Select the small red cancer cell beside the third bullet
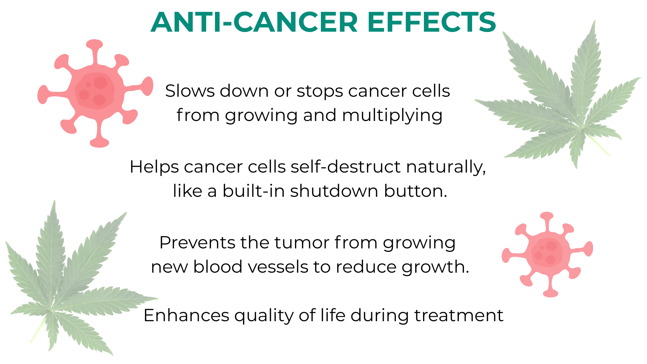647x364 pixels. pos(548,254)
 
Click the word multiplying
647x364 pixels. pos(392,116)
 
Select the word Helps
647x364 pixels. pos(154,167)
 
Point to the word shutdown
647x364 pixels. pos(334,191)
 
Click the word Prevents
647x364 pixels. pos(197,243)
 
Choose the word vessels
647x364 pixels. pos(278,267)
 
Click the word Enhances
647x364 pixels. pos(186,316)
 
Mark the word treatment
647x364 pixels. pos(459,316)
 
